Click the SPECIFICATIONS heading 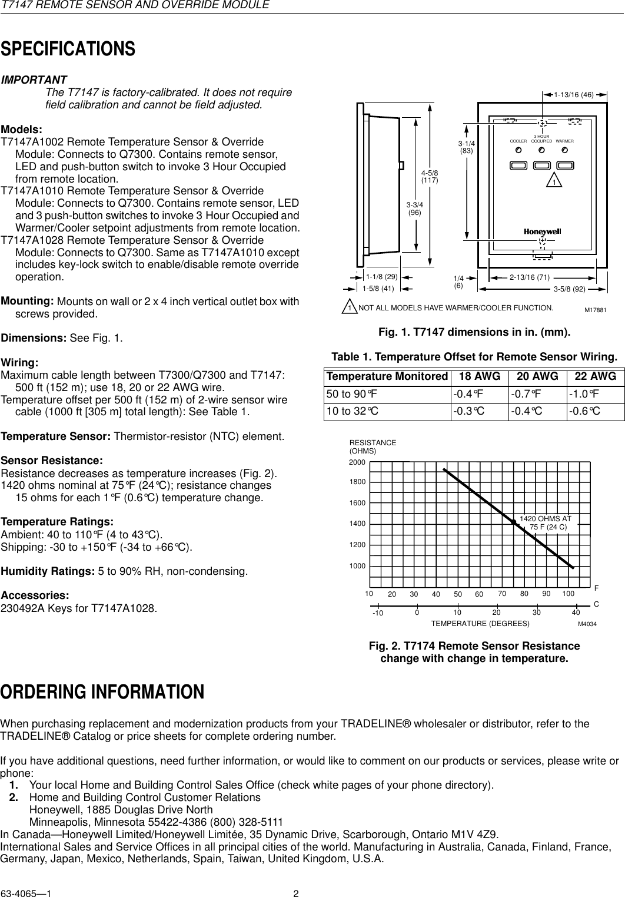(68, 49)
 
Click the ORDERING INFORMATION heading (102, 691)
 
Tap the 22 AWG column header (596, 376)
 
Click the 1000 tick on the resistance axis (357, 565)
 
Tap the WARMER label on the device (565, 141)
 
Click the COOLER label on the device (518, 141)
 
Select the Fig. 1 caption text (474, 333)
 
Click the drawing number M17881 (595, 309)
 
